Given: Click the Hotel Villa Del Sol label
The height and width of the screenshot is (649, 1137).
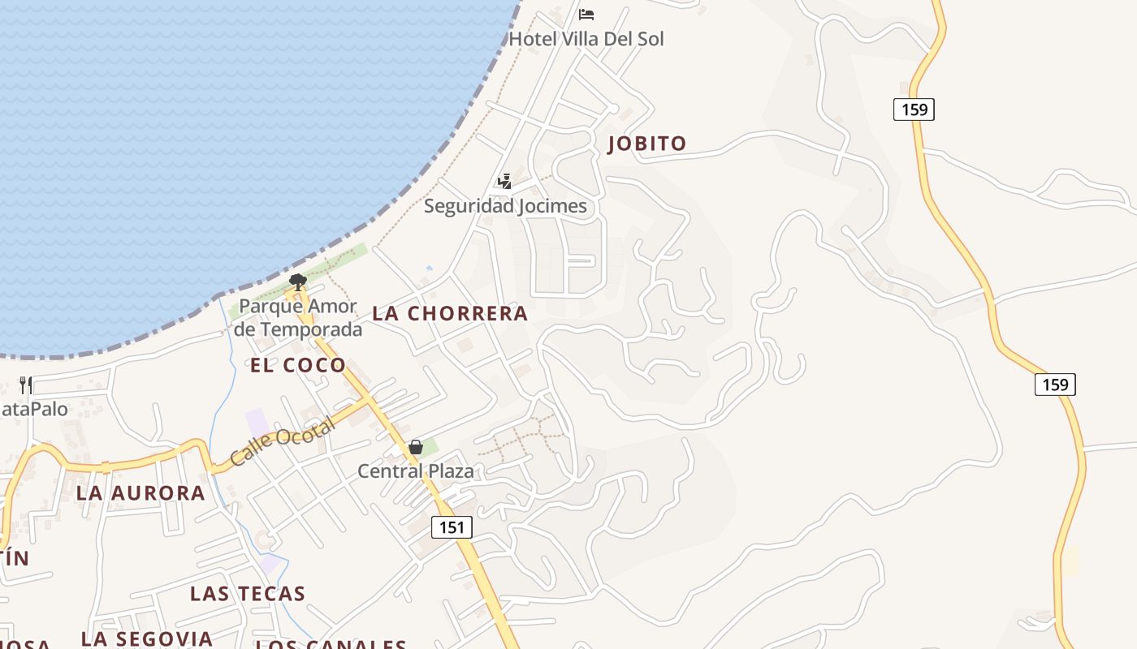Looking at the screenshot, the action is pos(586,38).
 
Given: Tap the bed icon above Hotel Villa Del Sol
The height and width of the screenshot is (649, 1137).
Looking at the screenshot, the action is pos(586,15).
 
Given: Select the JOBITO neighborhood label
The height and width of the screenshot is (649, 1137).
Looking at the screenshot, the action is pos(647,144).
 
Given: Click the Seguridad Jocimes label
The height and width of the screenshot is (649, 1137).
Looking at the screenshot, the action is pos(505,206).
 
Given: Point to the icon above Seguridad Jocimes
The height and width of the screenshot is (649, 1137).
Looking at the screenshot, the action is pos(505,181).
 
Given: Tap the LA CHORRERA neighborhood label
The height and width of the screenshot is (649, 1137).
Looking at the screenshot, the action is pos(450,313).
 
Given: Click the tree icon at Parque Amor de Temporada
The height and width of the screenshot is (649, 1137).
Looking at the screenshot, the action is pos(298,282).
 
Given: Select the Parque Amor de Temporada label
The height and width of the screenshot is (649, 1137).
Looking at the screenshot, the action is pos(298,318).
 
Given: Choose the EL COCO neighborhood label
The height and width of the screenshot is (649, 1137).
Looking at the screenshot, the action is pos(298,365).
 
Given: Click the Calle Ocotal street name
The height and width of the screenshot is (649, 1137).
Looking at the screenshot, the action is pos(282,441).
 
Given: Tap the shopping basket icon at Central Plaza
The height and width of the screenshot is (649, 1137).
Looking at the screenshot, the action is pos(416,447).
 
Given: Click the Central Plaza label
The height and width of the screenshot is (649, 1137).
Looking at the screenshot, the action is pos(416,471).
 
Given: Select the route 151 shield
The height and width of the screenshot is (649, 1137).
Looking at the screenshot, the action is pos(452,527).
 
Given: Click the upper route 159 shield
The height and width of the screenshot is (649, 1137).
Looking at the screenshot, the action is pos(914,109).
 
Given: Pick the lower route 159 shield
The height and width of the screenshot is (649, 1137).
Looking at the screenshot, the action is pos(1055,384).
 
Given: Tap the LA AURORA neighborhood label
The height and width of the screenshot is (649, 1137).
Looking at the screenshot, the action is pos(141,492).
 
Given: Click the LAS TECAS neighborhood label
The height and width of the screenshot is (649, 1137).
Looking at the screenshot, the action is pos(248,593).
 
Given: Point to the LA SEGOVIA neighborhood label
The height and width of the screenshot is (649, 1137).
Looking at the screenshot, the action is pos(147,638).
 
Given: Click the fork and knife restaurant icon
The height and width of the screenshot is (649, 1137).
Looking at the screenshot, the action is pos(26,385).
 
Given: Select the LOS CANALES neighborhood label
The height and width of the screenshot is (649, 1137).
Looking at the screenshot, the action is pos(331,644).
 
